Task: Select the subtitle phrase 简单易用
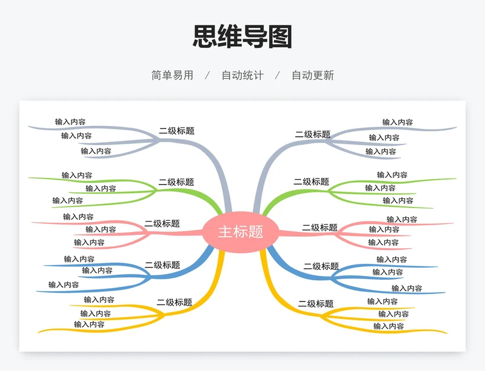pyautogui.click(x=172, y=76)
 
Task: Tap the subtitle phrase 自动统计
pyautogui.click(x=242, y=76)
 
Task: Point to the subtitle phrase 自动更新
pyautogui.click(x=313, y=76)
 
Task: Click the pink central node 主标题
pyautogui.click(x=241, y=232)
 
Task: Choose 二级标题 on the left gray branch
pyautogui.click(x=176, y=131)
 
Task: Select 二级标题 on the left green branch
pyautogui.click(x=176, y=182)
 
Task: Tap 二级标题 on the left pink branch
pyautogui.click(x=162, y=224)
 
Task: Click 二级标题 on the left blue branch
pyautogui.click(x=162, y=265)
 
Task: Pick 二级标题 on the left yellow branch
pyautogui.click(x=175, y=303)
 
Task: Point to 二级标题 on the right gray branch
pyautogui.click(x=313, y=135)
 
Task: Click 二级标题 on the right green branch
pyautogui.click(x=312, y=182)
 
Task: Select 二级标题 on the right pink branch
pyautogui.click(x=320, y=228)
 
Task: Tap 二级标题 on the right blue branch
pyautogui.click(x=321, y=266)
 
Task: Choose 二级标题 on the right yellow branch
pyautogui.click(x=316, y=304)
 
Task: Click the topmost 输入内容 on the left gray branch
pyautogui.click(x=70, y=122)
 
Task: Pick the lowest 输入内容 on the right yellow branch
pyautogui.click(x=389, y=326)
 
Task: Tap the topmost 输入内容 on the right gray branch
pyautogui.click(x=398, y=122)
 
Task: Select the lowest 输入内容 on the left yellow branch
pyautogui.click(x=89, y=324)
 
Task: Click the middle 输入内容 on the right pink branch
pyautogui.click(x=384, y=229)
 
